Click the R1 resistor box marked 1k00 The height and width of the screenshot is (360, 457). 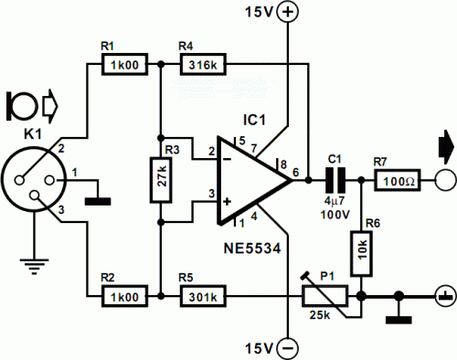coord(124,64)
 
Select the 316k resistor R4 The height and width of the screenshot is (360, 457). coord(203,64)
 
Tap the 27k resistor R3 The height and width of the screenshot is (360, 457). coord(161,180)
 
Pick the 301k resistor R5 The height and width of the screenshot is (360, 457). coord(203,296)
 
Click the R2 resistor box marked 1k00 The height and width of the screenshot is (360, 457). coord(124,296)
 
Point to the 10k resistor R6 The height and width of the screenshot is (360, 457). coord(362,254)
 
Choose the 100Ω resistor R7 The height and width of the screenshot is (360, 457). coord(398,180)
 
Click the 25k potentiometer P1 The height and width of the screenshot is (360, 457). coord(325,296)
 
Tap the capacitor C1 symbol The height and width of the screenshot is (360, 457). coord(335,180)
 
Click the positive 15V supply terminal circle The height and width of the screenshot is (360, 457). coord(287,12)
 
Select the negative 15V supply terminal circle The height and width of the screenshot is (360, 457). coord(287,348)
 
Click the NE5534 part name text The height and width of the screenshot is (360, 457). coord(252,249)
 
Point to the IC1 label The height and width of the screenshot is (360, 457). coord(254,120)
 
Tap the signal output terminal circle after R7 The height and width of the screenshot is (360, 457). coord(446,180)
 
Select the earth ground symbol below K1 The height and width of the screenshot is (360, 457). coord(35,266)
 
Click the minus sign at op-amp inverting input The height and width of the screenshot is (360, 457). coord(227,159)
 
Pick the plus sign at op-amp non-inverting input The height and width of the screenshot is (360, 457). coord(227,201)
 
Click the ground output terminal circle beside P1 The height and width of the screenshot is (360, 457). coord(446,296)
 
